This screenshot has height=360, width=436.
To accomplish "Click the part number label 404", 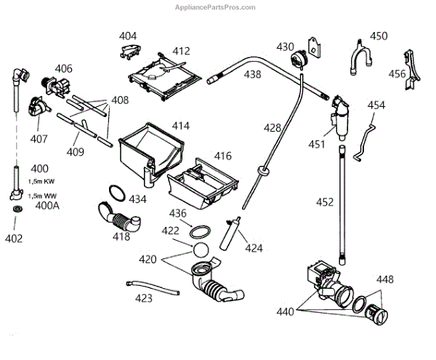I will coord(128,36).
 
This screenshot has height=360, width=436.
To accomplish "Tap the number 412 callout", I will coord(181,51).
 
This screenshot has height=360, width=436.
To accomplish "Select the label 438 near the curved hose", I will coord(252,73).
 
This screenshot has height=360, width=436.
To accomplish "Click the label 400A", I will coord(47,207).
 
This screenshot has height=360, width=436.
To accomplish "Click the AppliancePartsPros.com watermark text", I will coord(217,7).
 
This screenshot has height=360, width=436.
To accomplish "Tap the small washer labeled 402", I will coord(17,210).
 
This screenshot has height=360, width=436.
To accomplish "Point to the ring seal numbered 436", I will coord(200,232).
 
